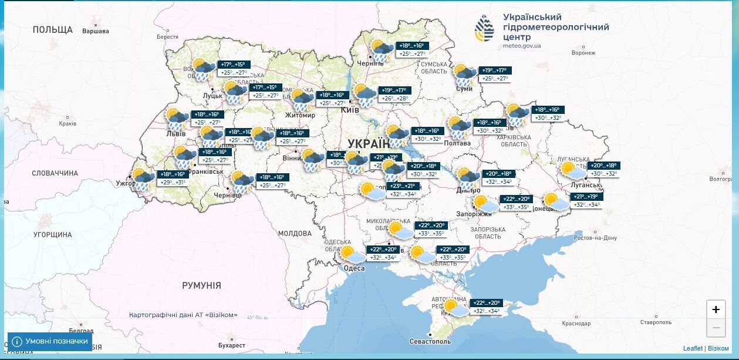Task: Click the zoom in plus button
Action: coord(716,309)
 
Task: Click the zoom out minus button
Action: coord(716,328)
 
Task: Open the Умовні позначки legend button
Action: coord(50,341)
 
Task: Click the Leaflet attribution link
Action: coord(693,348)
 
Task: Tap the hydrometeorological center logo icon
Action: coord(484,29)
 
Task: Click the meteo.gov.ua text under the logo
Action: coord(522,45)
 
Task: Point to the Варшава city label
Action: coord(96,31)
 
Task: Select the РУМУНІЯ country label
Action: coord(201,285)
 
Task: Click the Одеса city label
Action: coord(354,268)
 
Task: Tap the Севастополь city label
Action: coord(430,341)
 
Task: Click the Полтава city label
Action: coord(457,143)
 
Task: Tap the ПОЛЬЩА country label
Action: coord(53,29)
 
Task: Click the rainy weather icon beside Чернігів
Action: coord(382,51)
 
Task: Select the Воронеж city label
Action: coord(583,53)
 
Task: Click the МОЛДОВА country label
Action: coord(294,233)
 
